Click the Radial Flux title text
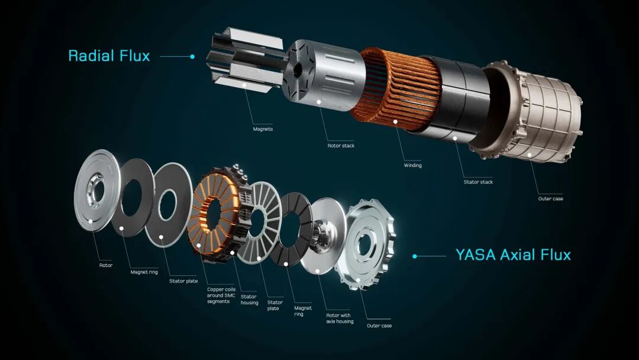(109, 56)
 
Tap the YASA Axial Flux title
(513, 255)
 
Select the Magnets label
(263, 129)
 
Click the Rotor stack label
(341, 146)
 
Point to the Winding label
(413, 165)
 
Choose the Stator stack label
(479, 182)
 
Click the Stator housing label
(249, 300)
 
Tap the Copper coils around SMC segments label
(221, 295)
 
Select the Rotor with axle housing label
(340, 319)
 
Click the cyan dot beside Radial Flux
(192, 56)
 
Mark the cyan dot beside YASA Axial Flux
(415, 256)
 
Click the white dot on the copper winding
(395, 121)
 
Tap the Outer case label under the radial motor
(551, 198)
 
